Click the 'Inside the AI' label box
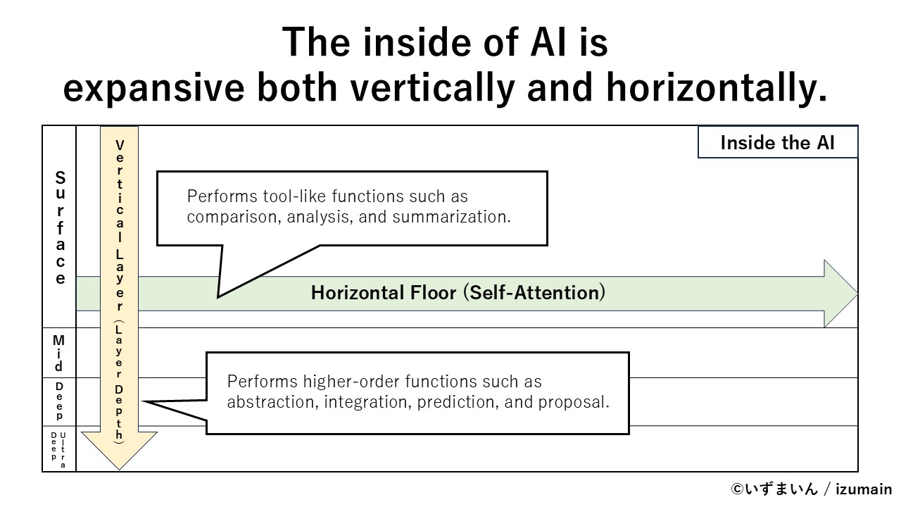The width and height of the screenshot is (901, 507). coord(777,143)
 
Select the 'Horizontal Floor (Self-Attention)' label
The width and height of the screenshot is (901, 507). coord(458,293)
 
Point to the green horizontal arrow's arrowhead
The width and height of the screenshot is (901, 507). coord(840,293)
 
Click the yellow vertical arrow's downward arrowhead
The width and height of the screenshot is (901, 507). coord(119,451)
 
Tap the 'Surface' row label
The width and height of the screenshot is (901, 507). coord(61,227)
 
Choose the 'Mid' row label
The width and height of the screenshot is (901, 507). coord(59,353)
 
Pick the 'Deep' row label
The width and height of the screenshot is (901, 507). coord(59,401)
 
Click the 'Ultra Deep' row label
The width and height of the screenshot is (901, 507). coord(59,449)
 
